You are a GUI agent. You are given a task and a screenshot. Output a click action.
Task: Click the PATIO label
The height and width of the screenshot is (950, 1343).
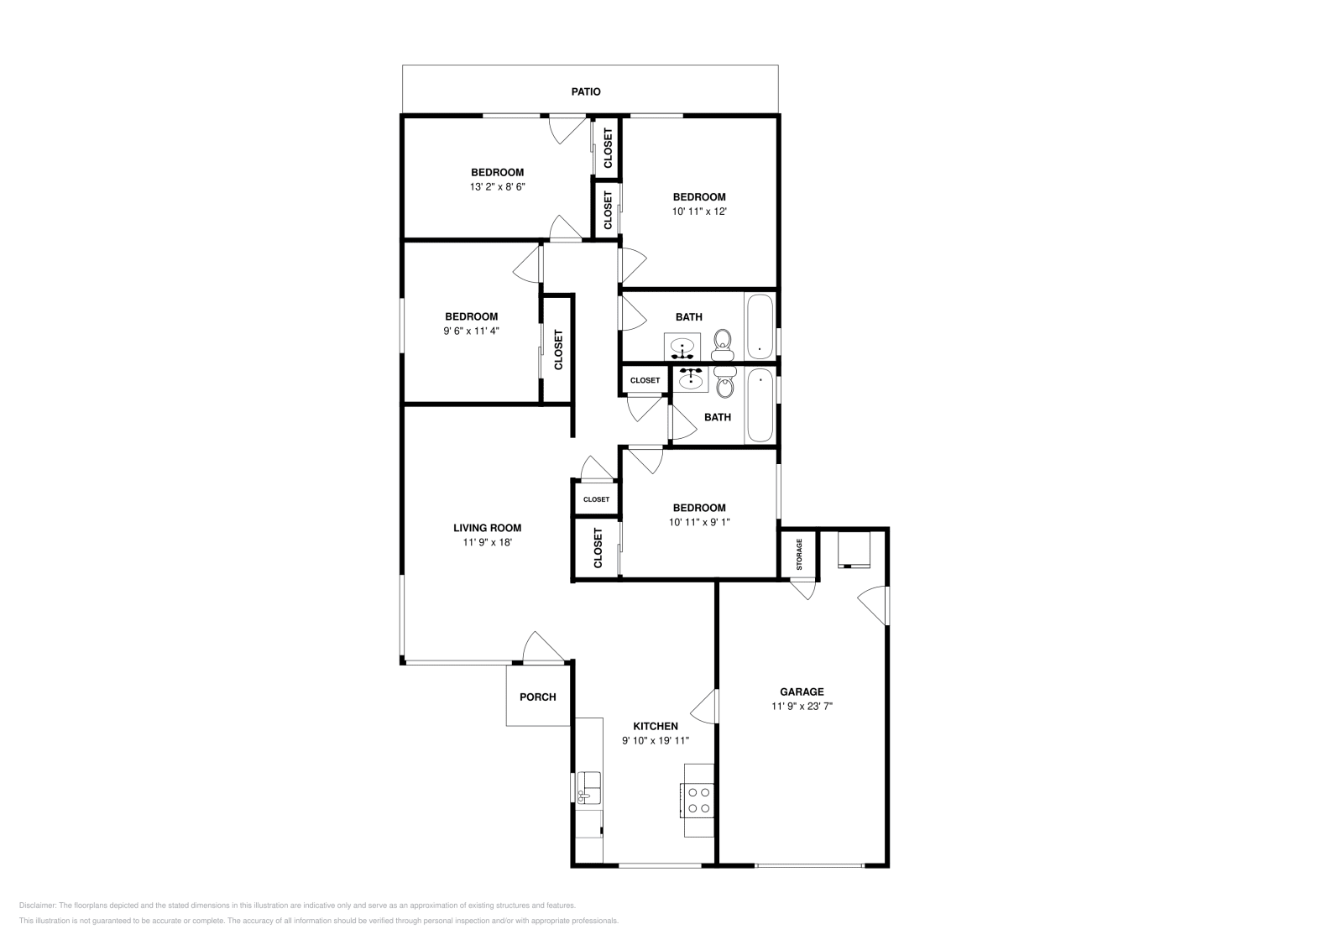[586, 91]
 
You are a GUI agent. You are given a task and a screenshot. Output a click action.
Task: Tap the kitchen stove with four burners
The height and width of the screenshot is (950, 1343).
[698, 800]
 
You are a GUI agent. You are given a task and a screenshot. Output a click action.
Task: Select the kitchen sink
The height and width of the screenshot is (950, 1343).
[589, 788]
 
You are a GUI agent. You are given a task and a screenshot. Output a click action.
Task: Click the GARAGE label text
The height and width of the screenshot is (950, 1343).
[802, 692]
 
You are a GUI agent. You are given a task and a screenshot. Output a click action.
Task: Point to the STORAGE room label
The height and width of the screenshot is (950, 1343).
[799, 554]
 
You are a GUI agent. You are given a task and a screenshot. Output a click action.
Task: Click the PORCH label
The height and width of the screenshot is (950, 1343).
[537, 697]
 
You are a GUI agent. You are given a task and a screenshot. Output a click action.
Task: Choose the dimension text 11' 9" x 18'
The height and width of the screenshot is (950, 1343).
[487, 542]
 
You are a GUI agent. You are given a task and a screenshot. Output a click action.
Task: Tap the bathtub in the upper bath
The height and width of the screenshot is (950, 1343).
[760, 326]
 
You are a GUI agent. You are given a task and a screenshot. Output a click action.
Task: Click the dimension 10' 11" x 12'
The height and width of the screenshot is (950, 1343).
[698, 211]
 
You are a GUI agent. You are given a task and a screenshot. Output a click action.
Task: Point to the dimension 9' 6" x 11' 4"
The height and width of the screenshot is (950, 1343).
[471, 331]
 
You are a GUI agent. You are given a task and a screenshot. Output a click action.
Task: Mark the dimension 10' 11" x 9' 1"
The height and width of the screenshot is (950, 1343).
[699, 522]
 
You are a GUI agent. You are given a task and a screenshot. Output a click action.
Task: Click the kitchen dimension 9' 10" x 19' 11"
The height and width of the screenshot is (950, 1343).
[655, 740]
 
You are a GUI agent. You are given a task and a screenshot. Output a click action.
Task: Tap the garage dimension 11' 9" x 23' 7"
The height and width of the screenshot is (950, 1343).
[802, 706]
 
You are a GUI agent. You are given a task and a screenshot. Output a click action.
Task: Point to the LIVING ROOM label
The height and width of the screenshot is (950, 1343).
[487, 528]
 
